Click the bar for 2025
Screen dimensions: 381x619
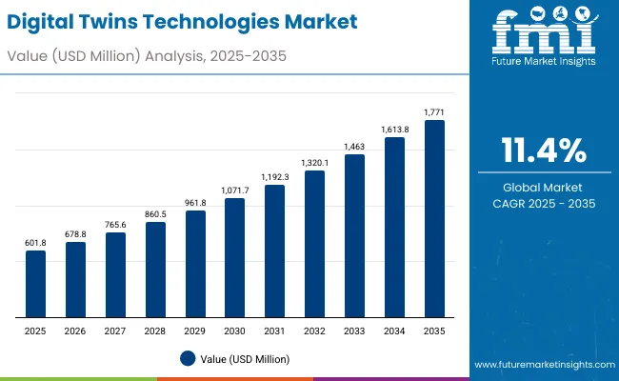[x=35, y=284]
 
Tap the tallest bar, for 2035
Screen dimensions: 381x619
[x=434, y=218]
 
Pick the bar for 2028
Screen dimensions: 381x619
[x=155, y=270]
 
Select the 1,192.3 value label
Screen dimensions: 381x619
[x=274, y=176]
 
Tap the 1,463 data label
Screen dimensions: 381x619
[x=354, y=146]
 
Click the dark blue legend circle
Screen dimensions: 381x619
[x=188, y=358]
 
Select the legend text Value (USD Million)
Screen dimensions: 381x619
[x=245, y=359]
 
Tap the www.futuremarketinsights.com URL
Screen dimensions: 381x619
[x=541, y=365]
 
